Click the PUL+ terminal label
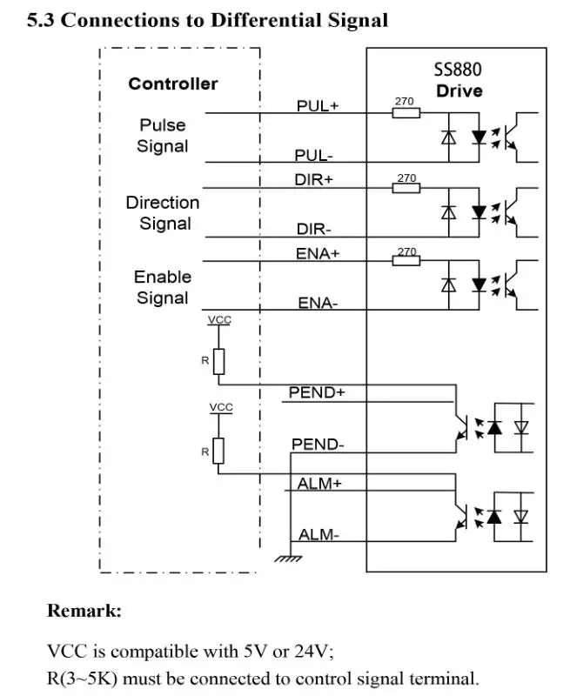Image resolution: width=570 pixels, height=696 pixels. [318, 105]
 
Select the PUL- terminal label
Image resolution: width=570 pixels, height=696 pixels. [313, 156]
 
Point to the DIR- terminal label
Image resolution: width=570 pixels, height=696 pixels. [313, 230]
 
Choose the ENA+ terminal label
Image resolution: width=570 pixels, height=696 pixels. [318, 253]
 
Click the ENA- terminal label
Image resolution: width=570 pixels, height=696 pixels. [318, 304]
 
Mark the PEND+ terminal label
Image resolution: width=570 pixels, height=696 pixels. [317, 392]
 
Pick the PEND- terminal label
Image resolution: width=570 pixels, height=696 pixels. [317, 445]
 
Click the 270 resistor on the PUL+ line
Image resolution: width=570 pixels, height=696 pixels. [406, 112]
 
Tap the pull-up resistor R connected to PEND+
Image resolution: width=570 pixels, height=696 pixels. [218, 360]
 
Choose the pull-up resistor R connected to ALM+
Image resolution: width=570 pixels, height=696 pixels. [218, 451]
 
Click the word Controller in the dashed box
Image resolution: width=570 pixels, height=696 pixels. [173, 84]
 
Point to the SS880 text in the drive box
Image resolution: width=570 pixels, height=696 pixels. [458, 70]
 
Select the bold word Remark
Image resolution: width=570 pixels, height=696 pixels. [84, 611]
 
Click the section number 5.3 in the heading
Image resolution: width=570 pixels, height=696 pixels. [41, 20]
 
